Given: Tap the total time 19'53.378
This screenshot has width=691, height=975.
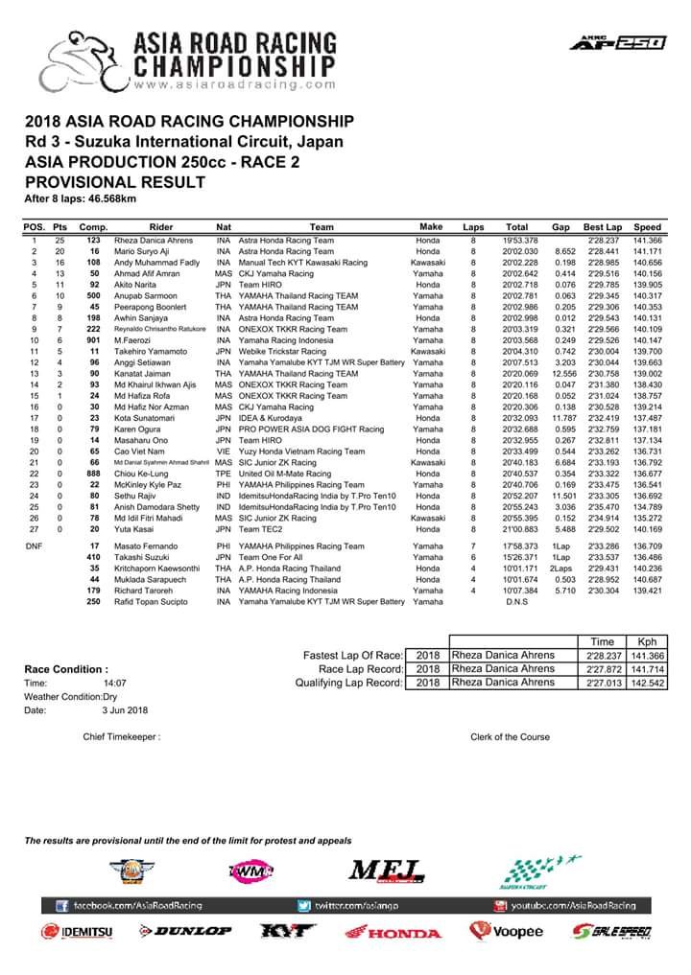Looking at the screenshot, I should click(517, 240).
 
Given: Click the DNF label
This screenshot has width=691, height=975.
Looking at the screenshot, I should click(33, 546).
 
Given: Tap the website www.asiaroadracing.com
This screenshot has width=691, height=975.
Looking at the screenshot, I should click(208, 83).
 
